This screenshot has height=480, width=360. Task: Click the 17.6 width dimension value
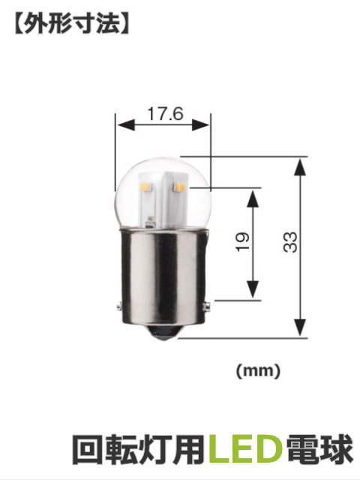(164, 114)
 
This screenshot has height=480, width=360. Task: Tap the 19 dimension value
(241, 241)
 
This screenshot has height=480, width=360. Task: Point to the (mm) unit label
(258, 370)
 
